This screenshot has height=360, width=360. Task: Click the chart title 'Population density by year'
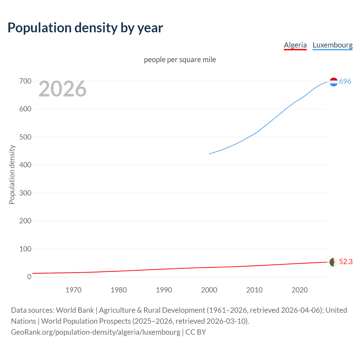coord(85,28)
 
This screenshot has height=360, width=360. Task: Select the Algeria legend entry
coord(295,45)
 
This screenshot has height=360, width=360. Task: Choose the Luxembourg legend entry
coord(332,45)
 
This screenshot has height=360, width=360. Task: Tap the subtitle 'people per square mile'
coord(180,60)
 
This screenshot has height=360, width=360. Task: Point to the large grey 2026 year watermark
coord(62,89)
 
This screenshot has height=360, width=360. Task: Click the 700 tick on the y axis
coord(25,81)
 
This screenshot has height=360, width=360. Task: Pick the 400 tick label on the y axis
coord(25,165)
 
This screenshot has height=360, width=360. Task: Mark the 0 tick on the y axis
coord(29,277)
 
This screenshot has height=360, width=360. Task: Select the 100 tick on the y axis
coord(25,249)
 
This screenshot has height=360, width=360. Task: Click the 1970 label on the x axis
coord(73,290)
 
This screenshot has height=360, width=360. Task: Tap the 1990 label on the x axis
coord(164,290)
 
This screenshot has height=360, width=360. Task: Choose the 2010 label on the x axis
coord(254,290)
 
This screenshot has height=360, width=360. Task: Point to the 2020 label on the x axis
coord(300,290)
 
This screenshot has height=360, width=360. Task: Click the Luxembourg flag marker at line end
coord(334,82)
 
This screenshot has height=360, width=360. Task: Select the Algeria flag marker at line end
coord(334,262)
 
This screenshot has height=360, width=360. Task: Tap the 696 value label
coord(345,81)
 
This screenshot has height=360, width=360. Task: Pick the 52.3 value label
coord(346,262)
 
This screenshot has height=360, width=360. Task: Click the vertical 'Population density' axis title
coord(12,174)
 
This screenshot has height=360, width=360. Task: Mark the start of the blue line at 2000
coord(209,154)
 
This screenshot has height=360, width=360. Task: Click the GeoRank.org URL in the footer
coord(96,332)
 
